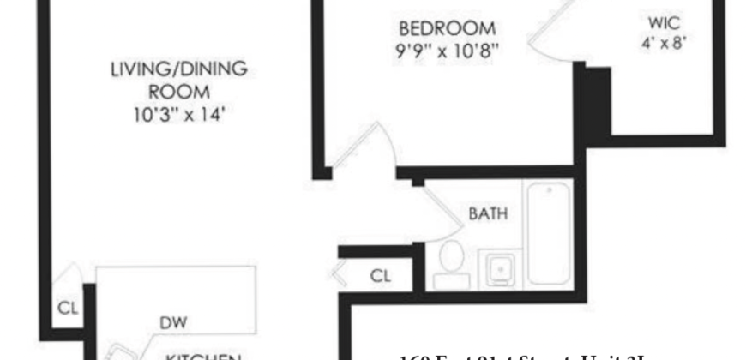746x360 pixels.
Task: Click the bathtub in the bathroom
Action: pyautogui.click(x=549, y=233)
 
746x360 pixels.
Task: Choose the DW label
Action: pyautogui.click(x=173, y=322)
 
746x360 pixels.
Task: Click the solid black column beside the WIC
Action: pyautogui.click(x=595, y=103)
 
